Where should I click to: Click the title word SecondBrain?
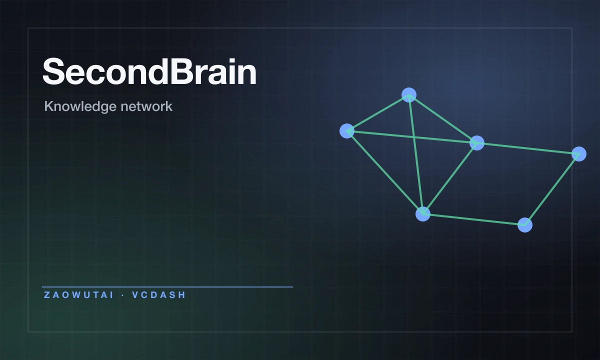coord(149,71)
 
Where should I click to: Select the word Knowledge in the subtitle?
coord(80,106)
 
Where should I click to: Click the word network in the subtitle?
coord(146,106)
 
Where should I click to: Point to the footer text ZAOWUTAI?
coord(79,295)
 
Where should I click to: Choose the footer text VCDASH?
coord(159,295)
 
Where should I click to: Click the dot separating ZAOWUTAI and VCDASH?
coord(123,295)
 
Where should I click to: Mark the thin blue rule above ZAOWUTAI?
coord(167,287)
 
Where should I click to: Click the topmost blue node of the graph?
coord(409,95)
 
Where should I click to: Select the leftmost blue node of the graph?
coord(347,131)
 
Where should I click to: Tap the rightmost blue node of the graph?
coord(579,154)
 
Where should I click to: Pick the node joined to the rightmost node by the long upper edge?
coord(477,143)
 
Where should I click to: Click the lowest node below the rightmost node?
coord(525,225)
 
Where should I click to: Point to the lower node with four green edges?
coord(423,214)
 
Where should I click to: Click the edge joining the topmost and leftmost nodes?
coord(378,113)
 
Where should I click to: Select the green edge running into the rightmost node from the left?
coord(528,148)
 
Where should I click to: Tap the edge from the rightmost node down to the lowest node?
coord(552,189)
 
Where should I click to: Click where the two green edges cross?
coord(414,137)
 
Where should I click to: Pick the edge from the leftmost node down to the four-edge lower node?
coord(385,172)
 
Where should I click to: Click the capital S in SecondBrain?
coord(53,71)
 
